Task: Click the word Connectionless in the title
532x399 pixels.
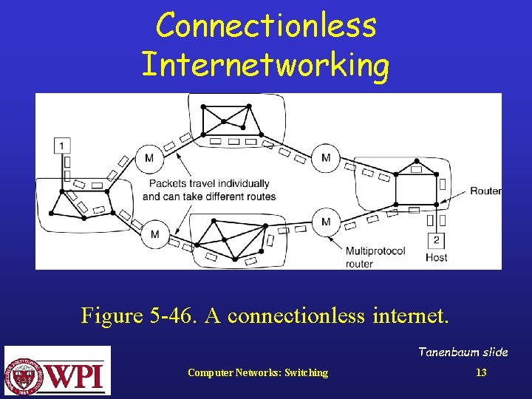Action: pos(266,26)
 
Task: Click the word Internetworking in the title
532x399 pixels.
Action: pos(265,64)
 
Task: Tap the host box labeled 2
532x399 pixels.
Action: pos(436,240)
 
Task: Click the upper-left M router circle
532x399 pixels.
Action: pos(149,157)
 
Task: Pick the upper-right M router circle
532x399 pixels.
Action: pos(326,157)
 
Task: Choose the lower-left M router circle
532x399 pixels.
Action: pos(154,234)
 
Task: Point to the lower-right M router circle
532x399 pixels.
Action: pos(326,221)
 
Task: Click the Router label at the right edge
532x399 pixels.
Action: pos(485,191)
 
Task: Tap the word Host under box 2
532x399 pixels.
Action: pos(436,258)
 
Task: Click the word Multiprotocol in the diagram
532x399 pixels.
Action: pos(375,251)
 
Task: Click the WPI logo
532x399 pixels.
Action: pos(58,371)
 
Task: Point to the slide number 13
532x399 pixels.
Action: pos(481,372)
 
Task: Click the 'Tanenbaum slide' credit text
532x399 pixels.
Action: pos(463,352)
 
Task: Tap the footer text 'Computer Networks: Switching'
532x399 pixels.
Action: pos(258,372)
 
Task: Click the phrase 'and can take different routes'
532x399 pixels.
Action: pos(209,197)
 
